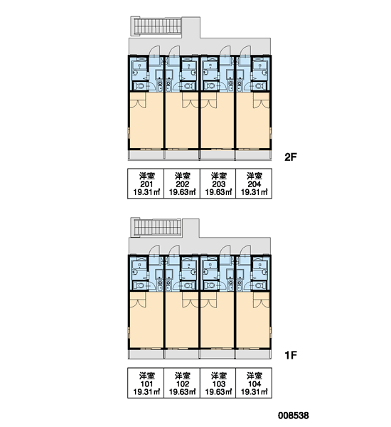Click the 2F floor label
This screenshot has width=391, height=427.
(x=290, y=157)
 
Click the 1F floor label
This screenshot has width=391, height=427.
(x=290, y=355)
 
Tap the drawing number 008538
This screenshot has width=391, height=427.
(x=294, y=416)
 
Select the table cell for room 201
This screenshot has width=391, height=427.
(x=146, y=184)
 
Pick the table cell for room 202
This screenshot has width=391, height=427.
(x=182, y=184)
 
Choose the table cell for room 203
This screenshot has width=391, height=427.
(x=218, y=184)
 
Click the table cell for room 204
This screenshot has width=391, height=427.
(x=254, y=184)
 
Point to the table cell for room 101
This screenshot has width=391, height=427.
(x=146, y=383)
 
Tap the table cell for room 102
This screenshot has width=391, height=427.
(x=182, y=383)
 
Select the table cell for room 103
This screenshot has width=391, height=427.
(x=218, y=383)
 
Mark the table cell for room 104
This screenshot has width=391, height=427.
(x=254, y=383)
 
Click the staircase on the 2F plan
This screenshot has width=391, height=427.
(x=156, y=26)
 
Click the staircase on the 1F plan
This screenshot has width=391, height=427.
(x=156, y=227)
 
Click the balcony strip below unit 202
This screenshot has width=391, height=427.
(x=182, y=154)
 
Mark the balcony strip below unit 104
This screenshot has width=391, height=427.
(x=253, y=354)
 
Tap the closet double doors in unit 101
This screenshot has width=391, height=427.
(x=139, y=300)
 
